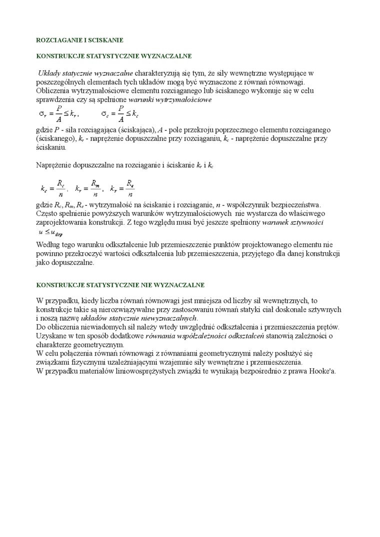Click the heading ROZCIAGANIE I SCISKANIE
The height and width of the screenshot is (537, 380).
click(80, 39)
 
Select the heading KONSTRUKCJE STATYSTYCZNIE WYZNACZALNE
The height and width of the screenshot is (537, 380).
click(114, 56)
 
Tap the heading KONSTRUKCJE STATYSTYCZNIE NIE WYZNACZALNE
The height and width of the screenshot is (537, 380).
click(120, 285)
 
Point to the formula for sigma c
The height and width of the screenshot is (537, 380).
click(119, 113)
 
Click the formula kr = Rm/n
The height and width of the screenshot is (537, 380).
click(88, 188)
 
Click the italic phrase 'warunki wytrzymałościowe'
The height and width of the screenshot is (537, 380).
click(170, 99)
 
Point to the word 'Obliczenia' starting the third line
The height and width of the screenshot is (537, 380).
click(54, 91)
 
